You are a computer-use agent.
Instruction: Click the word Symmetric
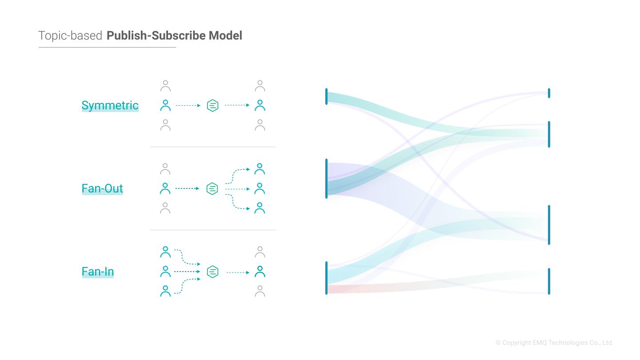coord(110,105)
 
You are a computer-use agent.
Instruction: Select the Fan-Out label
coord(102,188)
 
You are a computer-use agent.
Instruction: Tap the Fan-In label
coord(98,272)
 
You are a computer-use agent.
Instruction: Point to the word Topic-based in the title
coord(70,36)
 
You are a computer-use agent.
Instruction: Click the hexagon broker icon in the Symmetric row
coord(213,105)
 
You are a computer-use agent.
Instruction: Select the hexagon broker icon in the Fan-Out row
coord(212,188)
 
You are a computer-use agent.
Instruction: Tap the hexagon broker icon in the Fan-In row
coord(213,272)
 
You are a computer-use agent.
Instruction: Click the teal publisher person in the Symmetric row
coord(165,105)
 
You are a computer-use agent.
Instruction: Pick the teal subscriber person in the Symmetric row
coord(260,105)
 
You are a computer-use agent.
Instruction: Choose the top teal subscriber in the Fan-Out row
coord(260,169)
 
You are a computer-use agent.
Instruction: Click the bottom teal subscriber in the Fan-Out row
coord(260,208)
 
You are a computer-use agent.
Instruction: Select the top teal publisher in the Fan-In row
coord(165,252)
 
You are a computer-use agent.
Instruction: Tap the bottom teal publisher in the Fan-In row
coord(165,291)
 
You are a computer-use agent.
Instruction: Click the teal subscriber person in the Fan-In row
coord(260,272)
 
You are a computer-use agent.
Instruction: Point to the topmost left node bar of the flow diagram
coord(326,97)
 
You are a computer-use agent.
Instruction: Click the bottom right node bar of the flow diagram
coord(549,281)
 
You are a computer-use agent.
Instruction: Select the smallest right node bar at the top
coord(549,93)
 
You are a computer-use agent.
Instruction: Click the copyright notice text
coord(554,343)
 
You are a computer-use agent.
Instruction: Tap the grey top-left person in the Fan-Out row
coord(165,169)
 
